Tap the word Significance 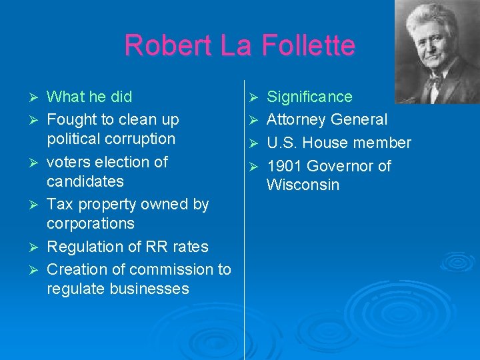click(309, 97)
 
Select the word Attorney click(295, 120)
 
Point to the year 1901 click(286, 166)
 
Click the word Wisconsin click(303, 185)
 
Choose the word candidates click(85, 181)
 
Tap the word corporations click(91, 223)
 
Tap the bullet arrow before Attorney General click(252, 121)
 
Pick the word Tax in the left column click(59, 205)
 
